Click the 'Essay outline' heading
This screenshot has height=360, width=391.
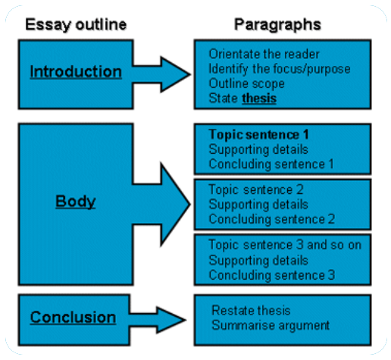point(76,24)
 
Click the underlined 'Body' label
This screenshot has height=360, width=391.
point(75,202)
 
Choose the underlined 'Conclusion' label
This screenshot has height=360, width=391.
point(73,317)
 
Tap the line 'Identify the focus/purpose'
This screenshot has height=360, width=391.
point(278,68)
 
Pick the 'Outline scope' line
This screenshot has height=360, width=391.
point(243,83)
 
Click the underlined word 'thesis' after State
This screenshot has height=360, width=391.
point(259,99)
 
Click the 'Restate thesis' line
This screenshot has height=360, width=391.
point(251,311)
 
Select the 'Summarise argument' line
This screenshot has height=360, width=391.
point(271,326)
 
